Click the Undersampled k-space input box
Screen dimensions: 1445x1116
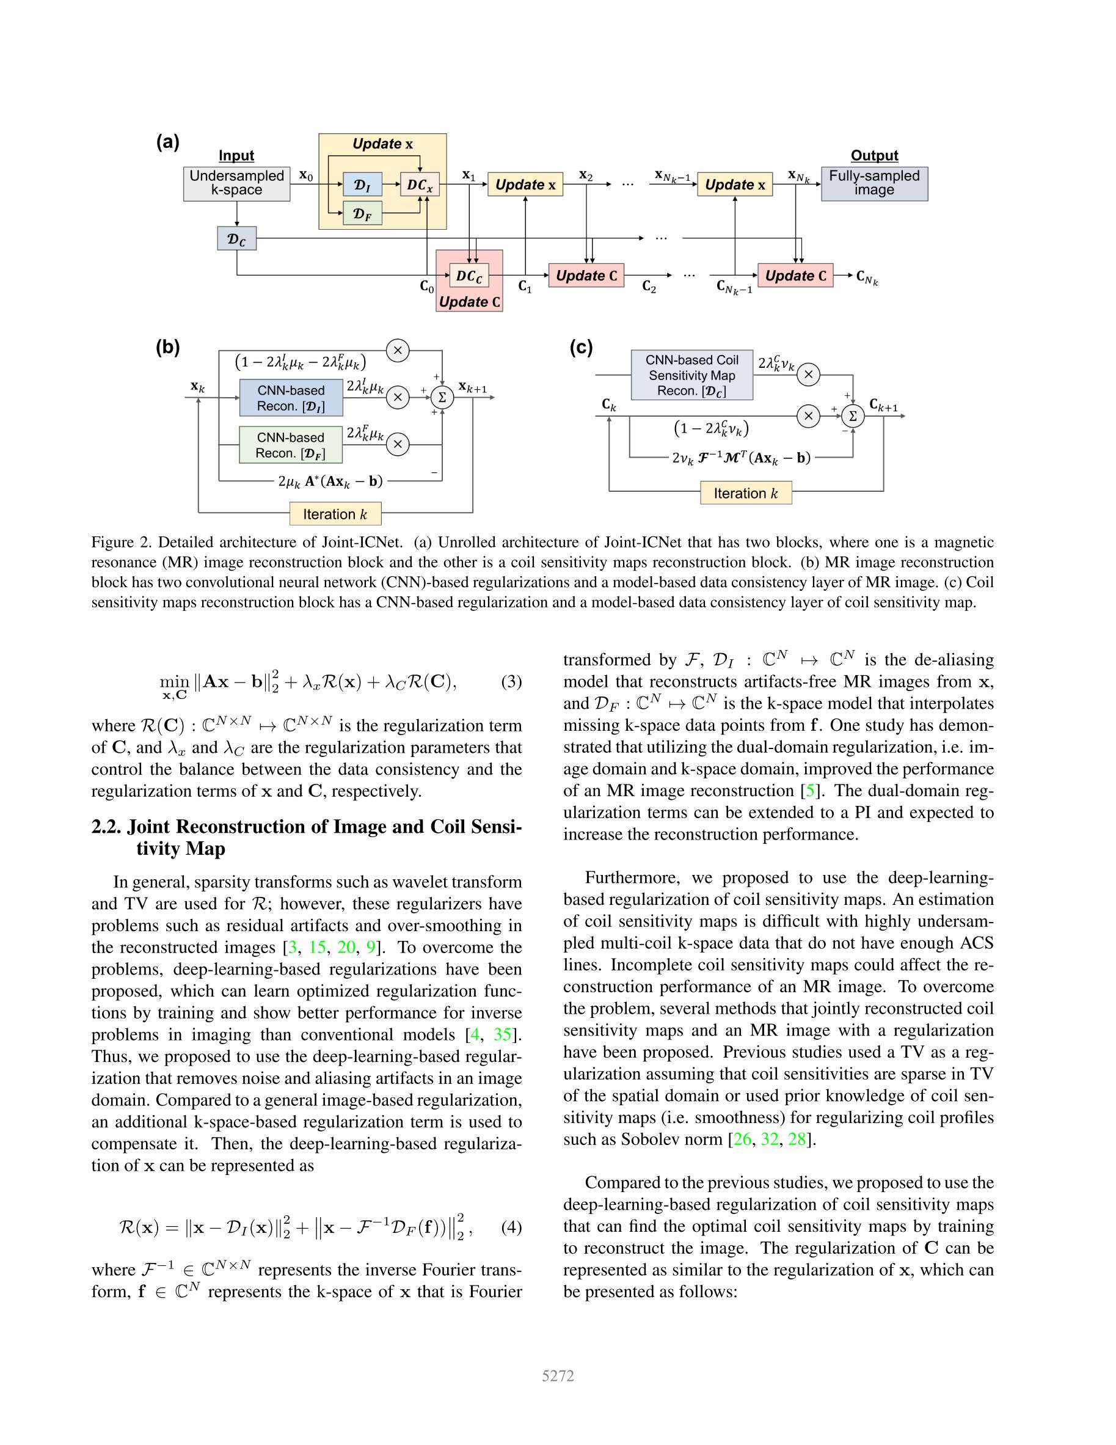point(236,183)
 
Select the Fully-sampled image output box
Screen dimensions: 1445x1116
point(874,183)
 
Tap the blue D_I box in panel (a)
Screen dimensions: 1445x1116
point(362,185)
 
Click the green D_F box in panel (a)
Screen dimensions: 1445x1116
point(362,214)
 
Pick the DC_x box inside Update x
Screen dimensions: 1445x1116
point(420,185)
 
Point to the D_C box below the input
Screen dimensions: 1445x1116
point(236,238)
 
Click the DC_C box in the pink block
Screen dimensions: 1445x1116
point(469,275)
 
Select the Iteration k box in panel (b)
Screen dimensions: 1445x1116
point(335,514)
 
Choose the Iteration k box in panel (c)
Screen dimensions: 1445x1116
point(746,493)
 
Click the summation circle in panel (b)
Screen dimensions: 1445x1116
point(442,397)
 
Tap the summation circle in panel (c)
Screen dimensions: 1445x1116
point(853,415)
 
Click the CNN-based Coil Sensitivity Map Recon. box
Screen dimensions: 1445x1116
point(691,375)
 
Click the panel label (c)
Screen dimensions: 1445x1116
point(581,348)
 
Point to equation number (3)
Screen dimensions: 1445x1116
point(511,681)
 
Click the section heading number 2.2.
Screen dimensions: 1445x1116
point(106,827)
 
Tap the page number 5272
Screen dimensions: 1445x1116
point(558,1375)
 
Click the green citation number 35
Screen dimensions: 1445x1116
point(503,1034)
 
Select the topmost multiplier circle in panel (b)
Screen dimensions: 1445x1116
point(398,350)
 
